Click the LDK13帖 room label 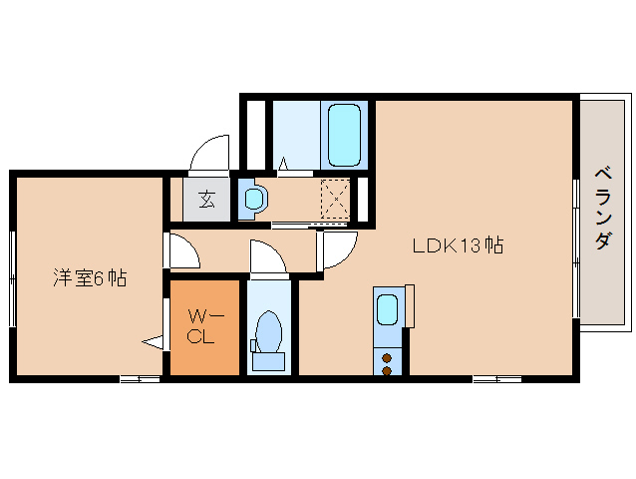(458, 245)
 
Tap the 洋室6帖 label (90, 278)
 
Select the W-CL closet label (203, 326)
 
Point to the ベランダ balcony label (603, 208)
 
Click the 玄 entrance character (207, 199)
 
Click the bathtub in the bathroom (344, 135)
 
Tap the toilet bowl (269, 331)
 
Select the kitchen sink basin (388, 309)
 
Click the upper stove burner (387, 358)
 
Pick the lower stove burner (387, 370)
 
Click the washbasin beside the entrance (254, 199)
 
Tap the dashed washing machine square (335, 200)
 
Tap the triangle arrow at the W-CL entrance (153, 342)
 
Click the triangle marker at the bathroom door (283, 164)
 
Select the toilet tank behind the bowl (268, 361)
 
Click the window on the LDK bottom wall (497, 379)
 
